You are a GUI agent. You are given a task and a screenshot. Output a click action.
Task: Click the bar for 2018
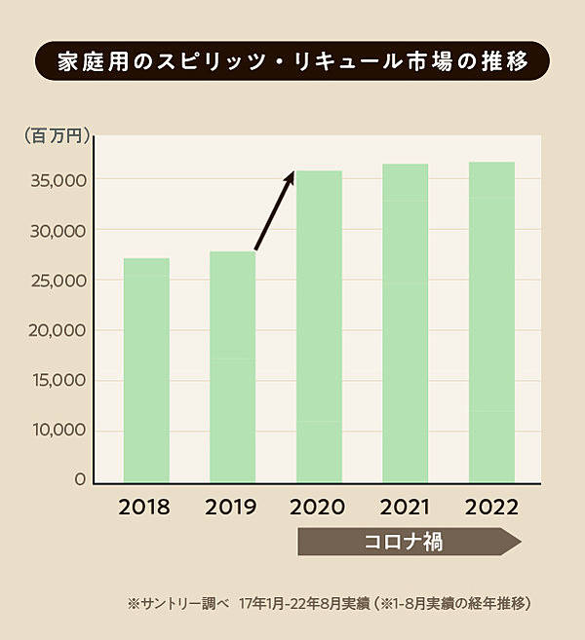tap(146, 370)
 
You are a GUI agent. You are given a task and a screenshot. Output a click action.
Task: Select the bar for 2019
tap(232, 367)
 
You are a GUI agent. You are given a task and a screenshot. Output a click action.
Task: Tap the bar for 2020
tap(319, 326)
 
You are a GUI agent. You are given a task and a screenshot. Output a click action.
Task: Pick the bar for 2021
tap(405, 323)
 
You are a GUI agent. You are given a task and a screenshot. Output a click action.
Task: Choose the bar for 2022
tap(491, 322)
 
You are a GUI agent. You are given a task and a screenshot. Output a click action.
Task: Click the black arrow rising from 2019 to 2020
tap(274, 211)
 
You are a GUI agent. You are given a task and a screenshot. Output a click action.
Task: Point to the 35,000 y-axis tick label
tap(56, 180)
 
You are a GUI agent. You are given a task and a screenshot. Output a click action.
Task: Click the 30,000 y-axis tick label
tap(56, 231)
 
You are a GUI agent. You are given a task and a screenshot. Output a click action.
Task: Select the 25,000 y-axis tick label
tap(56, 281)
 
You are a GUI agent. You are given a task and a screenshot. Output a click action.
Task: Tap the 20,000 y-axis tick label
tap(56, 330)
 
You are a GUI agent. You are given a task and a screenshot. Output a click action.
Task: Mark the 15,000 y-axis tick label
tap(56, 380)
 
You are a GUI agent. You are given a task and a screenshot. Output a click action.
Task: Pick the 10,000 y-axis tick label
tap(56, 430)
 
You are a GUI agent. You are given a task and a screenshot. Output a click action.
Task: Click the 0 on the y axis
tap(80, 479)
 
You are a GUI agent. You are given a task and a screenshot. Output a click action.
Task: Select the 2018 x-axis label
tap(144, 508)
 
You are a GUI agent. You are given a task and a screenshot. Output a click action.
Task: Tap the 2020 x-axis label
tap(319, 508)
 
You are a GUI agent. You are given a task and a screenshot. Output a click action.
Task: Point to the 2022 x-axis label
tap(491, 508)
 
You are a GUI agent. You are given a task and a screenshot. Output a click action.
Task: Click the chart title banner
tap(292, 60)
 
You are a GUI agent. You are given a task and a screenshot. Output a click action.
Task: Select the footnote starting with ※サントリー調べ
tap(329, 604)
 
